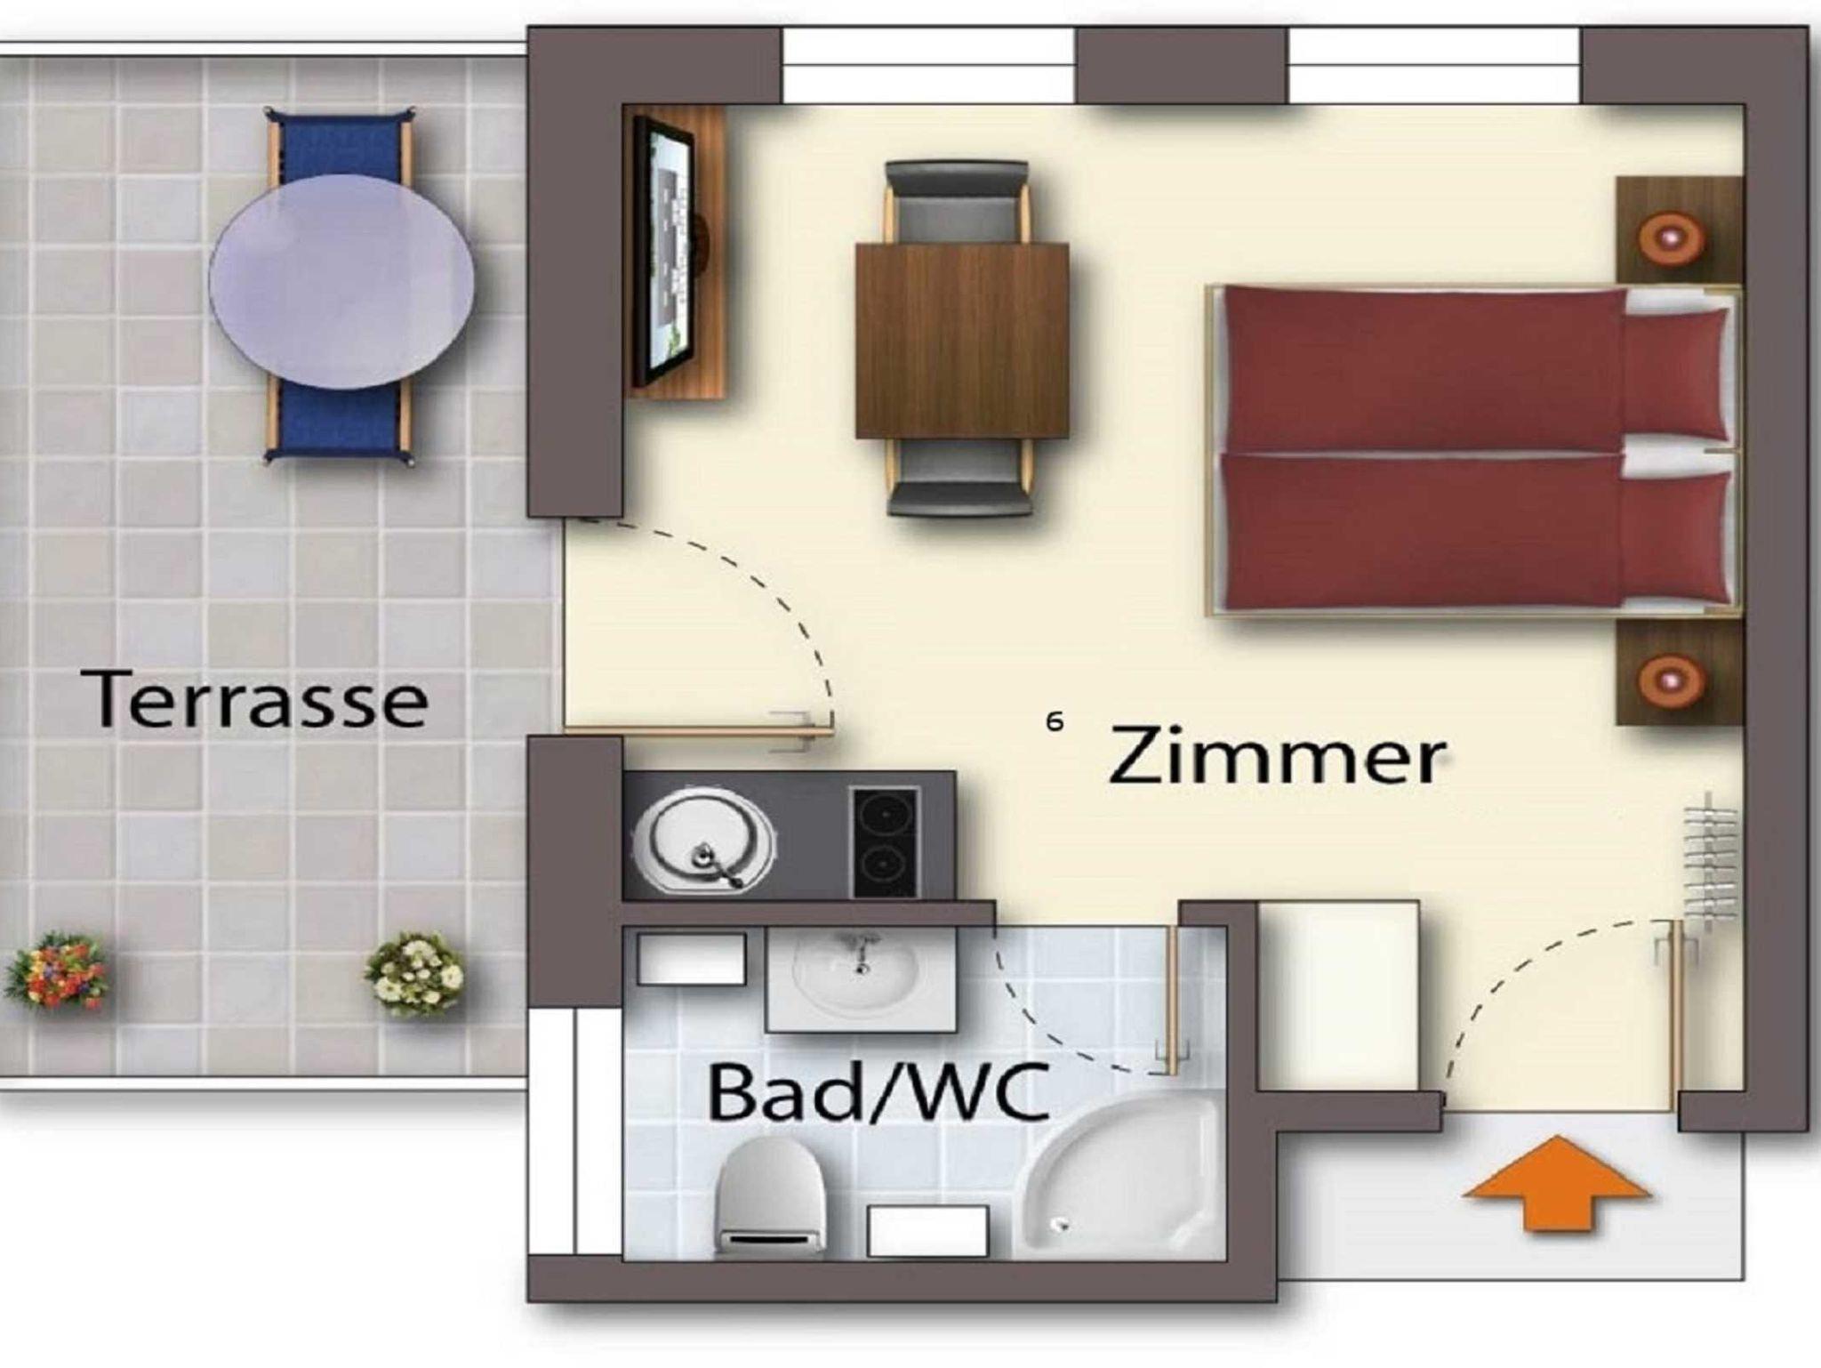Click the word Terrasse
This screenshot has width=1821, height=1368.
[256, 699]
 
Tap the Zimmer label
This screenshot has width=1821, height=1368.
[1277, 756]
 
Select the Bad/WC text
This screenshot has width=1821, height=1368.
[878, 1092]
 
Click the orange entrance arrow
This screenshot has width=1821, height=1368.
[1556, 1183]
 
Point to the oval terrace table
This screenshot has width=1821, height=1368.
[341, 281]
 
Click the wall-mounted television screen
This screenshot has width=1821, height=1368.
[662, 253]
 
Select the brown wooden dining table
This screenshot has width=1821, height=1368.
[961, 341]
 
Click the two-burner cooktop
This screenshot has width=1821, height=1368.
[885, 841]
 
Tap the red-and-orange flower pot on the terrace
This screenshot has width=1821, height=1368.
[55, 970]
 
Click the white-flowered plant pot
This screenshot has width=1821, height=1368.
[416, 973]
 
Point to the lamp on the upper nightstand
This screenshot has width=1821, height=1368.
[1672, 237]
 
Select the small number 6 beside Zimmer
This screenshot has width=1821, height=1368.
[1055, 720]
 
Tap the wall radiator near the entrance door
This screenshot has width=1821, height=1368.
[1711, 861]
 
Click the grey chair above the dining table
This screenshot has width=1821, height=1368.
[957, 201]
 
